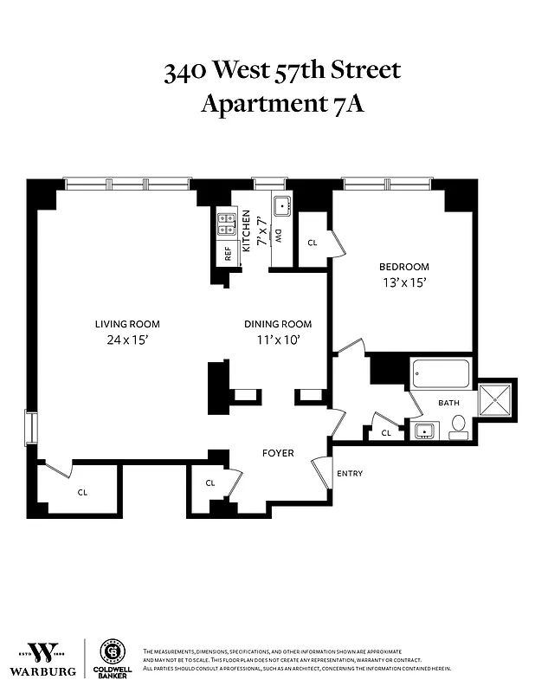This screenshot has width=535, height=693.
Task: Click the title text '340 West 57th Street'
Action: [x=282, y=70]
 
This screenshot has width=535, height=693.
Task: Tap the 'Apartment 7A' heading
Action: [x=282, y=104]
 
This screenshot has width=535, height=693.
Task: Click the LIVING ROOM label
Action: [x=127, y=324]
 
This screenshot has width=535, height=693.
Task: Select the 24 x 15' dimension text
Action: [x=127, y=340]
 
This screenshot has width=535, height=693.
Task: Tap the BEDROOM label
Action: [x=403, y=267]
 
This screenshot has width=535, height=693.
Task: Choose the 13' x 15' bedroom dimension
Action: [x=403, y=282]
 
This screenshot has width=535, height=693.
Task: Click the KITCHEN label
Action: [x=246, y=230]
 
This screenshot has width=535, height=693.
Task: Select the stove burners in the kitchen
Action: [x=227, y=224]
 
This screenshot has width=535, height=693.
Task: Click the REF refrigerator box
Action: [x=228, y=254]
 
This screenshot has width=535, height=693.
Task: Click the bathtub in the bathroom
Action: [x=441, y=374]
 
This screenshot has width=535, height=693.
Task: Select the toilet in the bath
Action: [x=458, y=424]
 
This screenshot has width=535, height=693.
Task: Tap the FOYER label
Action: [x=278, y=453]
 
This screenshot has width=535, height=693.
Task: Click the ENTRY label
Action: [x=349, y=473]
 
